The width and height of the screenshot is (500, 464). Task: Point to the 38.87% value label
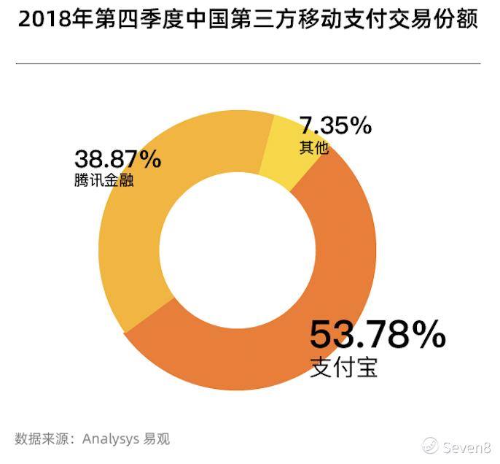(x=117, y=159)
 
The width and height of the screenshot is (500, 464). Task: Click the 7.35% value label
(x=335, y=126)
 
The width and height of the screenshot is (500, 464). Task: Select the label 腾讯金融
(x=103, y=179)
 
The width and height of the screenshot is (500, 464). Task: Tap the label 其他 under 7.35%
(x=313, y=147)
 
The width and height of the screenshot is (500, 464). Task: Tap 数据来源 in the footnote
(x=38, y=439)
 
